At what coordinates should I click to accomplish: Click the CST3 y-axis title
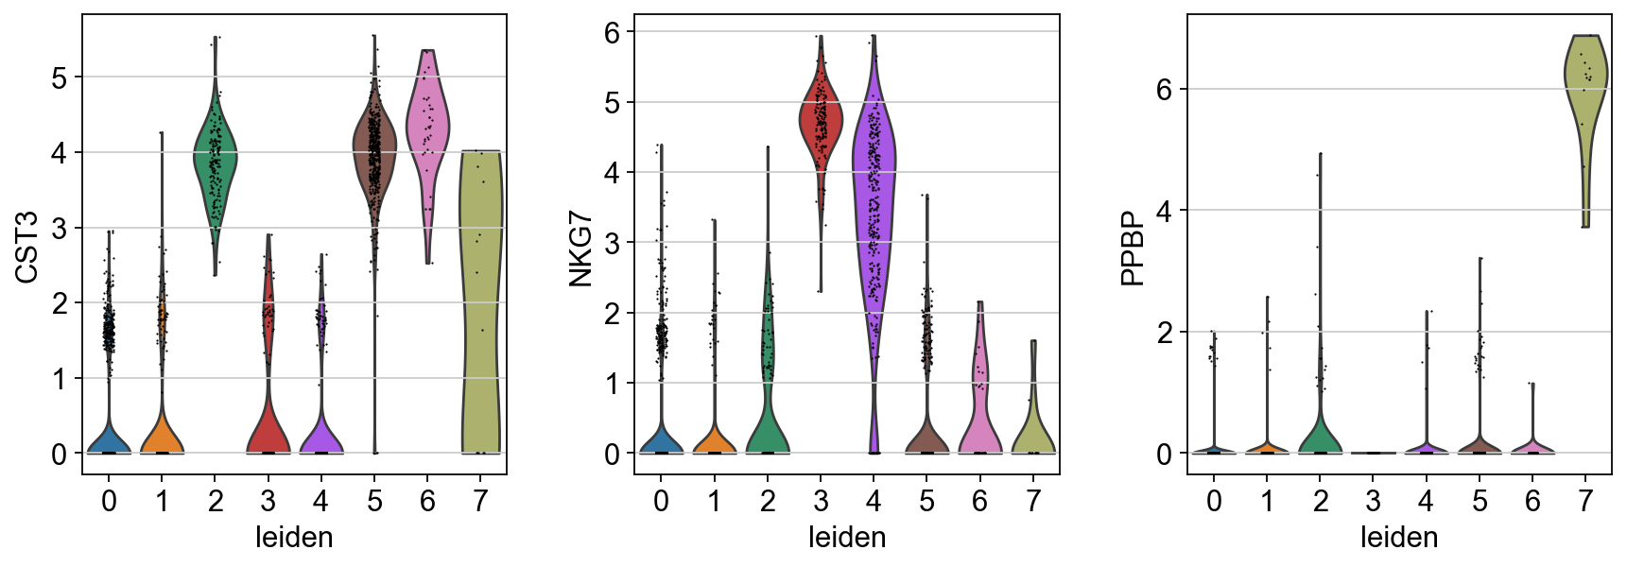(x=26, y=247)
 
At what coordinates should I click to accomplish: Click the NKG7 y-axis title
(x=580, y=249)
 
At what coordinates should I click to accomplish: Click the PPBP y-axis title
(x=1132, y=248)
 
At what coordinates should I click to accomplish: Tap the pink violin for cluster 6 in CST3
(x=427, y=123)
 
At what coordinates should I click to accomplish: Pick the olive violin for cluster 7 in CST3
(x=480, y=283)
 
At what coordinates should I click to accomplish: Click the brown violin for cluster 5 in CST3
(x=375, y=151)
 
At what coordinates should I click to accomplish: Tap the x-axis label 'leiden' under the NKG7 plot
(x=847, y=538)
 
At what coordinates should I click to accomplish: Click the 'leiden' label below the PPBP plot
(x=1399, y=538)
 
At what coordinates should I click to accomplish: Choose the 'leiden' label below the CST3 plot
(x=294, y=538)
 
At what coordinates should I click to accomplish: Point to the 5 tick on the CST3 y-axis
(x=60, y=77)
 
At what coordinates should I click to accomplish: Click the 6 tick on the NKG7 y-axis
(x=613, y=32)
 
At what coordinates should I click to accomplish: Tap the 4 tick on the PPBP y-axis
(x=1164, y=211)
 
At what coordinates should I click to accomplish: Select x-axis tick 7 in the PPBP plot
(x=1585, y=501)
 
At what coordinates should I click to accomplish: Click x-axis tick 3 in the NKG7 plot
(x=821, y=501)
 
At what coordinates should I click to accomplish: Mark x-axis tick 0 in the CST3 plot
(x=110, y=501)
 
